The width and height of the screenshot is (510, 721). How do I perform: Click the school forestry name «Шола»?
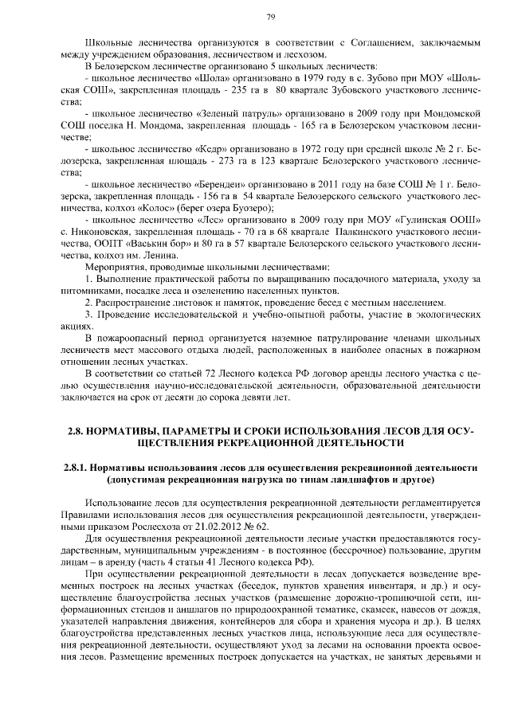point(211,80)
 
